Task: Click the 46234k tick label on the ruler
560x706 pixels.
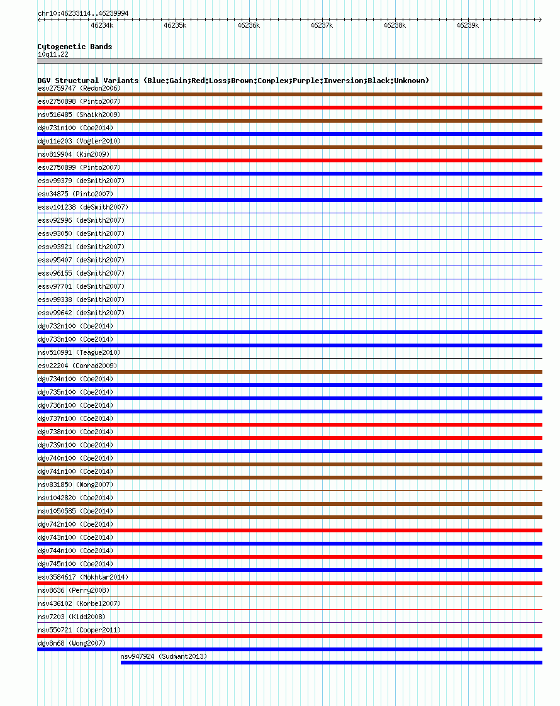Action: pyautogui.click(x=102, y=26)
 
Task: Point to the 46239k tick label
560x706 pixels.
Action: pyautogui.click(x=468, y=26)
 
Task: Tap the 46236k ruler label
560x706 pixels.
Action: pyautogui.click(x=249, y=26)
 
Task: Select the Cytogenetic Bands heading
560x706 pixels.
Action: pyautogui.click(x=75, y=47)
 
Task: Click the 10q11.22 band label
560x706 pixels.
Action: pyautogui.click(x=53, y=54)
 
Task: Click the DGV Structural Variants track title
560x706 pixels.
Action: pyautogui.click(x=233, y=81)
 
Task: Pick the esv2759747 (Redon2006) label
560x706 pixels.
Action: pyautogui.click(x=79, y=88)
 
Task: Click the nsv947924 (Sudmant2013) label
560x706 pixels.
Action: pyautogui.click(x=164, y=656)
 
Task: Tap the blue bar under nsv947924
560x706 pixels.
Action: pyautogui.click(x=331, y=663)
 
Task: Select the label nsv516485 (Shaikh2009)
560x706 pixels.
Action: pyautogui.click(x=79, y=115)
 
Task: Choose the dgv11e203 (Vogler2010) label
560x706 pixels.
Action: pyautogui.click(x=79, y=141)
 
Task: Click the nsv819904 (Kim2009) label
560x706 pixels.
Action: pyautogui.click(x=74, y=154)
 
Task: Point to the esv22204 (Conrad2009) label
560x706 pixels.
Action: pyautogui.click(x=77, y=366)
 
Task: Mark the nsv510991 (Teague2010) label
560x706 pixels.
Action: pyautogui.click(x=79, y=352)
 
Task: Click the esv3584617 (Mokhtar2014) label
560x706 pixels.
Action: pyautogui.click(x=83, y=577)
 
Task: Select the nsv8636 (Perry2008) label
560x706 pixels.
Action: pyautogui.click(x=74, y=590)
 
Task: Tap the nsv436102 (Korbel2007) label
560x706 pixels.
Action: pyautogui.click(x=79, y=603)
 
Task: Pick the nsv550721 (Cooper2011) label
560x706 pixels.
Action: pyautogui.click(x=79, y=630)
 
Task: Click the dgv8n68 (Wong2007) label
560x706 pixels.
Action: pyautogui.click(x=72, y=643)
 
